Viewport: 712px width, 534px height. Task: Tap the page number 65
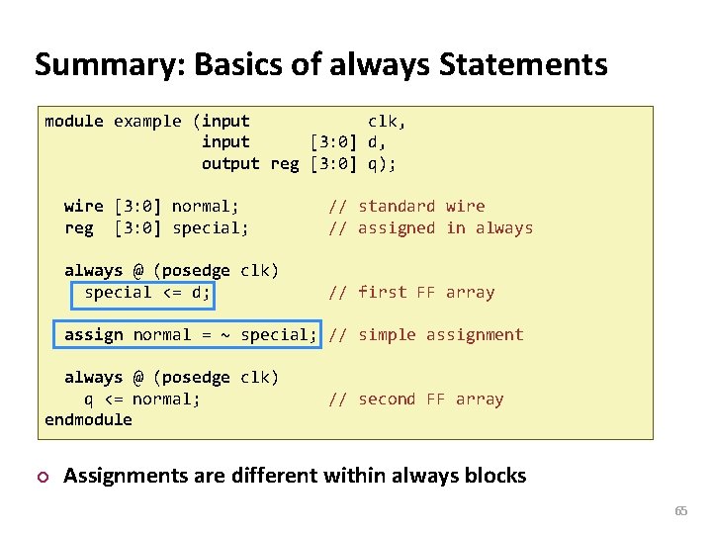point(680,511)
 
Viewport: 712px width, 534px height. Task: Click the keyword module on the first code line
point(74,122)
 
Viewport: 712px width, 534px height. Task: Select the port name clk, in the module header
point(387,122)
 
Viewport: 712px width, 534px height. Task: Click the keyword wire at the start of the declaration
point(84,207)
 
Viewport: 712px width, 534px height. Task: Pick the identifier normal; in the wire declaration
point(206,207)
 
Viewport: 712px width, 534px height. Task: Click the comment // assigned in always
point(430,228)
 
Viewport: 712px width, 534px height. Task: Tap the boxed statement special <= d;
point(147,293)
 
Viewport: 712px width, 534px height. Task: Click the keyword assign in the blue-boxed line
point(94,335)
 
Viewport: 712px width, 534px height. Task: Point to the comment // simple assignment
point(426,335)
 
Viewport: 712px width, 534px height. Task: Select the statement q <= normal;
point(142,400)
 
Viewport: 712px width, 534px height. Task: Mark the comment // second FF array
point(416,400)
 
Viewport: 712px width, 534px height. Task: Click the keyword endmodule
point(88,420)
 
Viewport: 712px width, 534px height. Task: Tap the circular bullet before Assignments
point(41,477)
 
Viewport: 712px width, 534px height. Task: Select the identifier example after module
point(147,122)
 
